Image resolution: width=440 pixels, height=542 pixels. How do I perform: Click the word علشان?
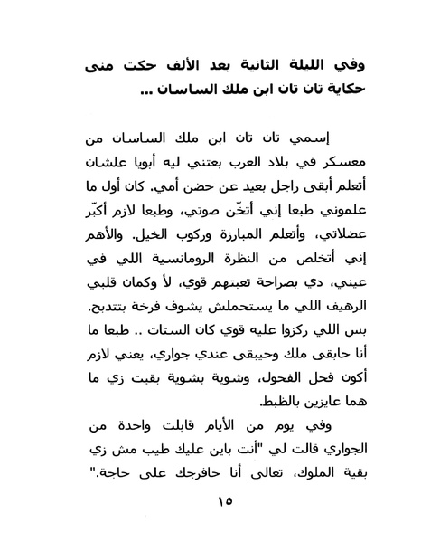coord(107,161)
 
